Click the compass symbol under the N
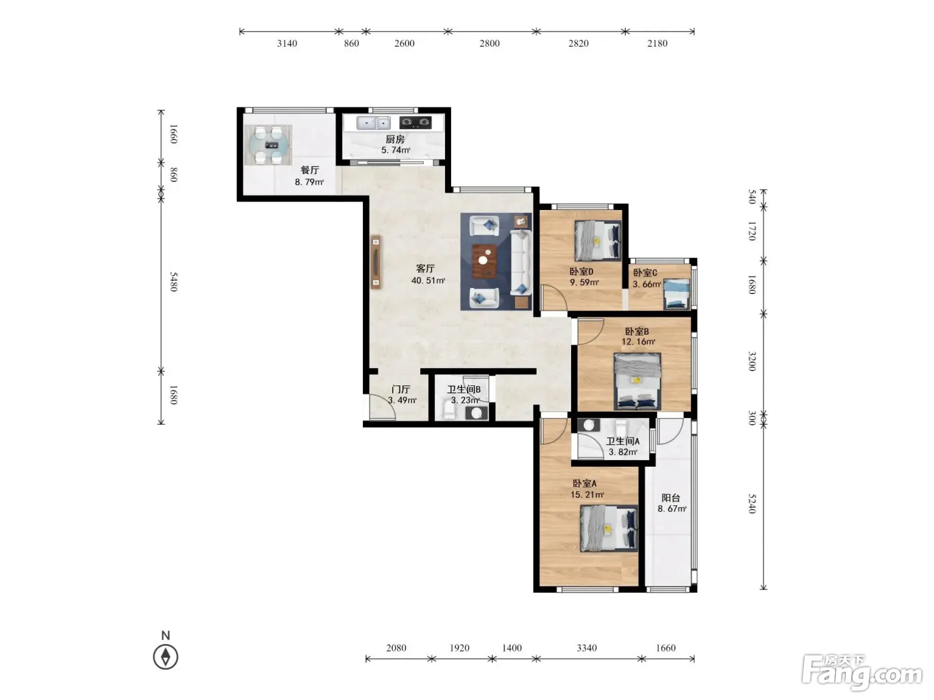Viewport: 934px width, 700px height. (165, 657)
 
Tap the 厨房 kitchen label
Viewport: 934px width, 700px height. (395, 139)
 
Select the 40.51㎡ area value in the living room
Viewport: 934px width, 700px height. (428, 281)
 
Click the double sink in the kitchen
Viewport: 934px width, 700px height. (373, 123)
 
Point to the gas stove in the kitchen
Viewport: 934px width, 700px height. (416, 123)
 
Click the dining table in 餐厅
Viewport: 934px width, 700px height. (268, 145)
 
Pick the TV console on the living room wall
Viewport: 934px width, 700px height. (376, 262)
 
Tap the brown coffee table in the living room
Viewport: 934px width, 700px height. (484, 261)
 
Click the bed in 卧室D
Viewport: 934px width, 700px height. (597, 241)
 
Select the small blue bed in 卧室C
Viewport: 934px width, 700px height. (676, 293)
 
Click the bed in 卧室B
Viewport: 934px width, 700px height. (637, 381)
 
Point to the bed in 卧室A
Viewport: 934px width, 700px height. (609, 529)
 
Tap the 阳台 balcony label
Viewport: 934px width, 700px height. (670, 498)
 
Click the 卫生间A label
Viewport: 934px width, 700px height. (622, 441)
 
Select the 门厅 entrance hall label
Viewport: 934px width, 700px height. (401, 389)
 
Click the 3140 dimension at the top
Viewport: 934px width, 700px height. (288, 43)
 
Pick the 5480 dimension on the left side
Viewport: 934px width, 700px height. (173, 282)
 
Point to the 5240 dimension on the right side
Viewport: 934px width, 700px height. (752, 503)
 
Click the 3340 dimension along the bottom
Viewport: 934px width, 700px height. (587, 648)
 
